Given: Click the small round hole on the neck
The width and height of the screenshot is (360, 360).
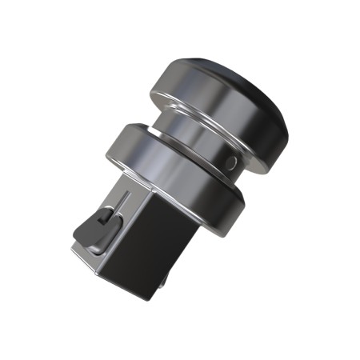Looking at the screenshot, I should tap(231, 162).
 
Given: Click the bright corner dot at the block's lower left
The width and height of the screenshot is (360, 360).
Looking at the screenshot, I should tap(74, 250).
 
